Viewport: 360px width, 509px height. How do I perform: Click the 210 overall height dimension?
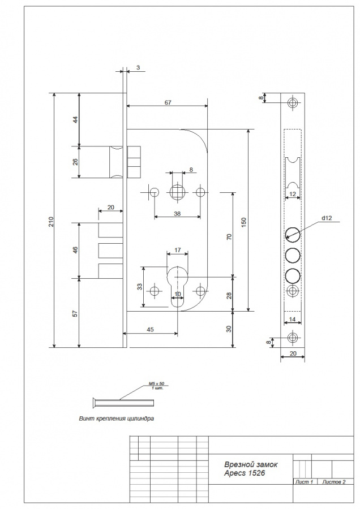[52, 221]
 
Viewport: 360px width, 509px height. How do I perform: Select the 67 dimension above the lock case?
[168, 102]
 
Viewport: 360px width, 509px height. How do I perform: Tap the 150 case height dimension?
[244, 222]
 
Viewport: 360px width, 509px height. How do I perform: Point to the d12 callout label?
[327, 218]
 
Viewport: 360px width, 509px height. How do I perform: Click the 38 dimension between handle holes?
[177, 214]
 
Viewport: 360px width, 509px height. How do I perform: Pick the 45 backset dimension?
[150, 330]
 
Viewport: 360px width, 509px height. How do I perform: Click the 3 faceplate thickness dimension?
[138, 67]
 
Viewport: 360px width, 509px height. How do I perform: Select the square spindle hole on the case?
[177, 192]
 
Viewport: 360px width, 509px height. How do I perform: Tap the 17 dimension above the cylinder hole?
[177, 250]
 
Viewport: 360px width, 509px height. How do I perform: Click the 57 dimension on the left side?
[75, 313]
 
